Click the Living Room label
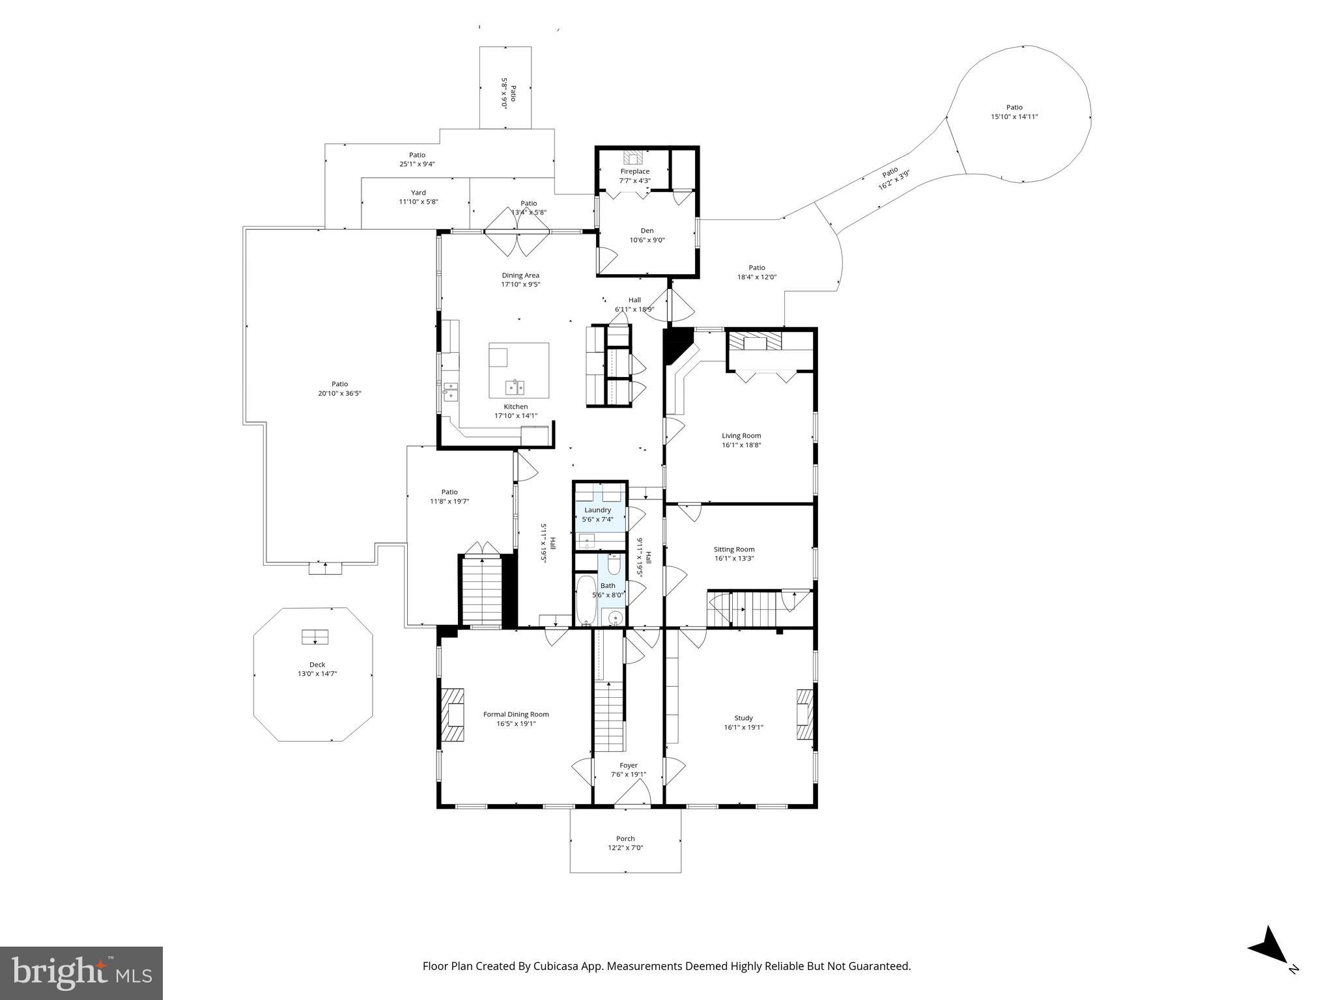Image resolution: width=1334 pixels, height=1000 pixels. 741,436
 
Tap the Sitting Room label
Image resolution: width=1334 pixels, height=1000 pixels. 734,549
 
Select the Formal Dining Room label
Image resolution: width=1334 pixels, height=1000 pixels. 516,714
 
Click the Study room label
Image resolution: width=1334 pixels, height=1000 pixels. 744,719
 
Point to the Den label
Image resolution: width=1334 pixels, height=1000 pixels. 647,230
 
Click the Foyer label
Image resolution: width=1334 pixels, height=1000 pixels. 629,766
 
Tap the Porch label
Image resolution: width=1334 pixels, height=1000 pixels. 625,839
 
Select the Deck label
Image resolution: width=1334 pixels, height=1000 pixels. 317,665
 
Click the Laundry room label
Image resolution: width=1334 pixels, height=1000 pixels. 598,510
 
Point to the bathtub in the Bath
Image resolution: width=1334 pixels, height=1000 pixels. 586,599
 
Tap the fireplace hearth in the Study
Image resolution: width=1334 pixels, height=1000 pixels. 805,714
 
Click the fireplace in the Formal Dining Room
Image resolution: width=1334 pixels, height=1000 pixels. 453,714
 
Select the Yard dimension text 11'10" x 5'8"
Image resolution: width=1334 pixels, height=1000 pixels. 418,202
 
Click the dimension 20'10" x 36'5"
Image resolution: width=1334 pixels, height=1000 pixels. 339,393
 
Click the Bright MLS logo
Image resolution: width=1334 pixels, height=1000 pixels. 81,973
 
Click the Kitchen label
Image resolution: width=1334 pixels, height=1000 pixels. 516,407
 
